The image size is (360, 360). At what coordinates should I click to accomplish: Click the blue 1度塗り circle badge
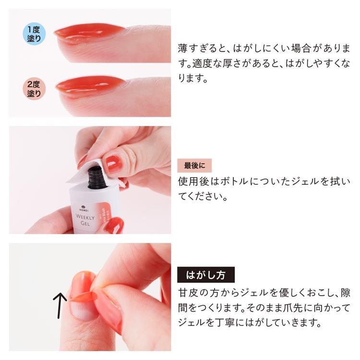(34, 34)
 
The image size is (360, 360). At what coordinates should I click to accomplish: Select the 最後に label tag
(194, 166)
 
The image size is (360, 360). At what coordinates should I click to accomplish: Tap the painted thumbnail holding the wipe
(114, 164)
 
